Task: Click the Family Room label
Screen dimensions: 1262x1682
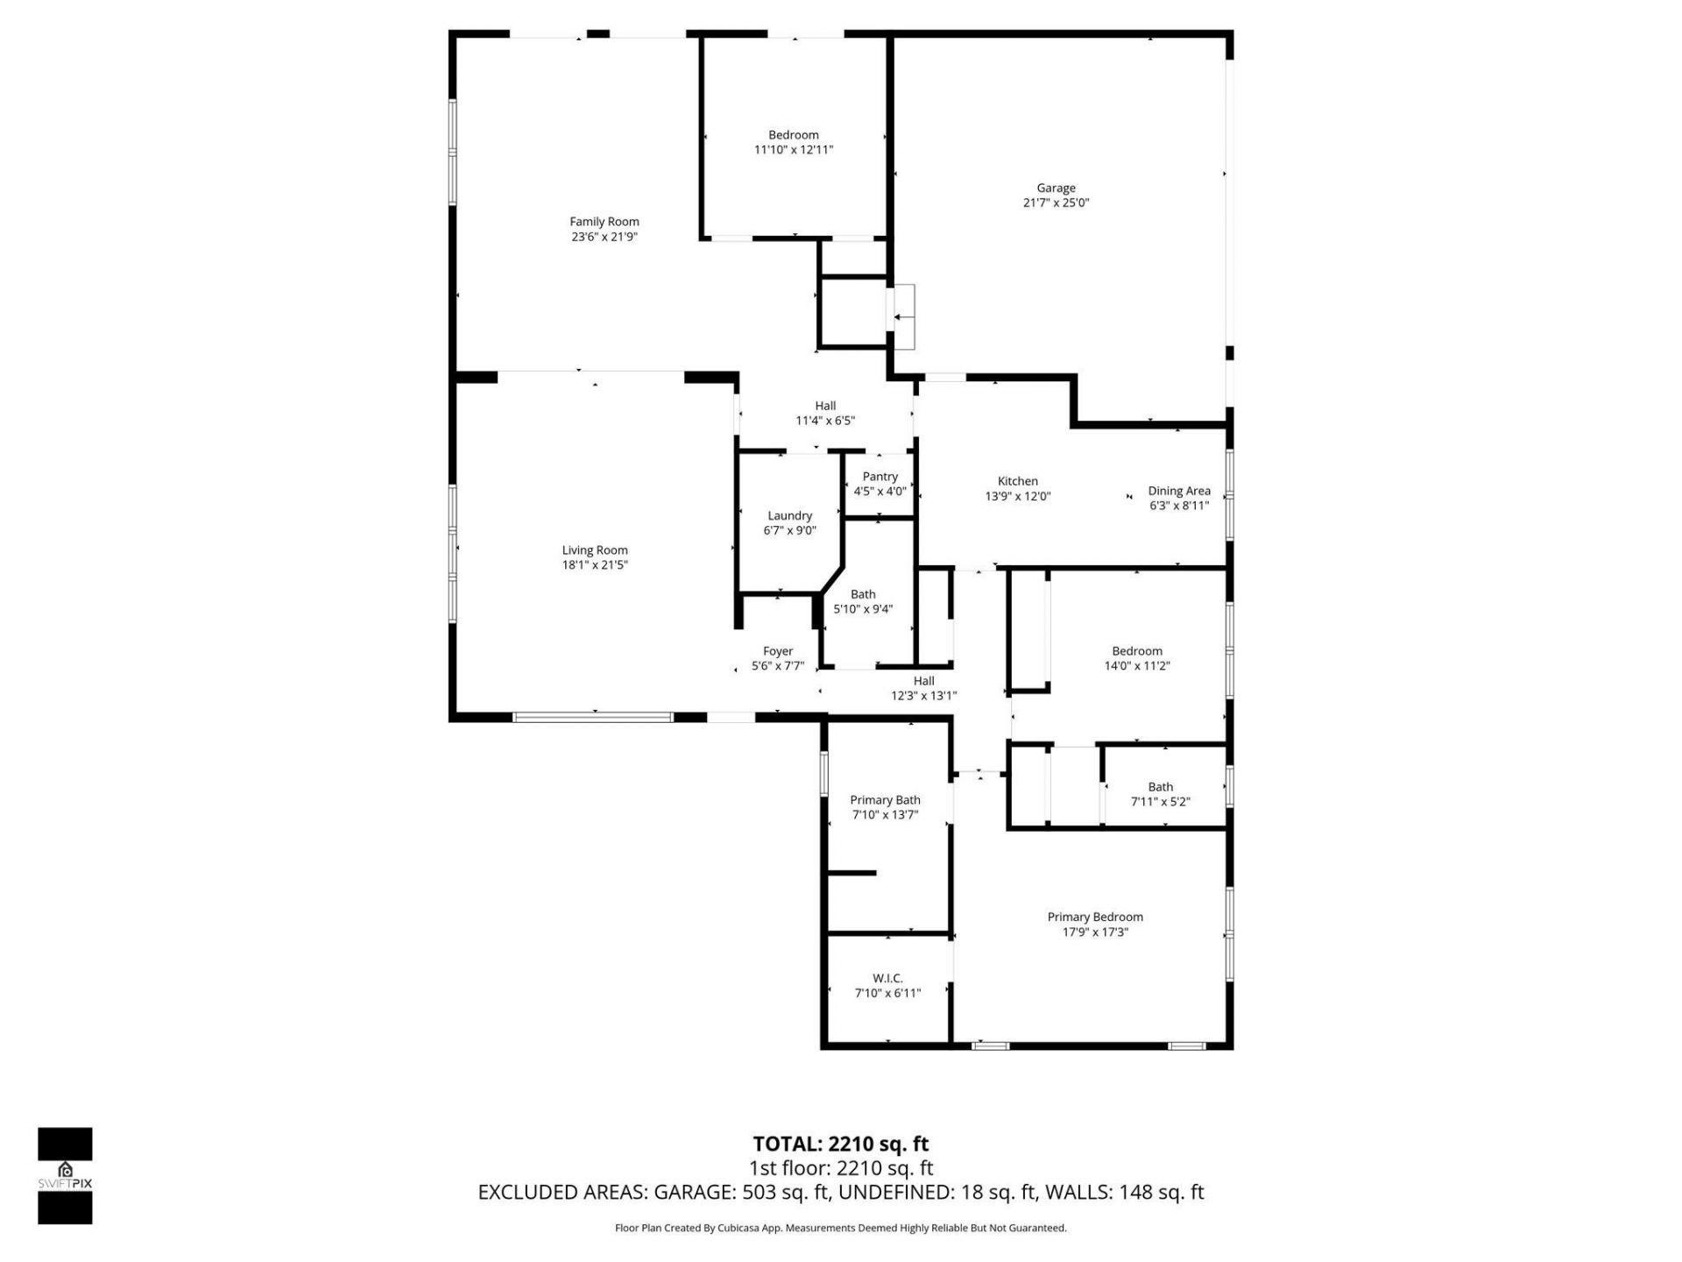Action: tap(604, 222)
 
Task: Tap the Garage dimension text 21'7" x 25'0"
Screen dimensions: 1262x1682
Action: tap(1056, 202)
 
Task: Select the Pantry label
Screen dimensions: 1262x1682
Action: tap(880, 477)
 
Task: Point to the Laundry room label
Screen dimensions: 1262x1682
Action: tap(789, 516)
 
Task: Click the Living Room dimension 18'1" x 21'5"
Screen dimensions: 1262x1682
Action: tap(595, 565)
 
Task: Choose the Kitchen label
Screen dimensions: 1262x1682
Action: tap(1017, 481)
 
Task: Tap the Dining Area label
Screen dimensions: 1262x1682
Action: tap(1178, 491)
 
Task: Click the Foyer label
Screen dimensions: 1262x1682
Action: tap(777, 651)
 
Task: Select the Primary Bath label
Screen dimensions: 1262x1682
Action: tap(885, 800)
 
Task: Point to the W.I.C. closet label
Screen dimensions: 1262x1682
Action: tap(887, 978)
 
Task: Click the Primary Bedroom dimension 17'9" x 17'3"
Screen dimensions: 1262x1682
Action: tap(1095, 932)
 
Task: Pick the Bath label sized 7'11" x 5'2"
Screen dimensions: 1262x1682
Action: tap(1160, 787)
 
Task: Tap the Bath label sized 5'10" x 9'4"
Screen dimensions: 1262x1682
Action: tap(863, 594)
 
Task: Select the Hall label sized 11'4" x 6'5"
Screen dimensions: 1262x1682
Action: tap(825, 406)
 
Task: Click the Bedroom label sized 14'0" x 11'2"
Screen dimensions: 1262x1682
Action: tap(1137, 651)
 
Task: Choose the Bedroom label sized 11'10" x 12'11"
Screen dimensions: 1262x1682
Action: tap(794, 135)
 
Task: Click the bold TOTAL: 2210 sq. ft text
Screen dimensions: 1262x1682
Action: tap(840, 1144)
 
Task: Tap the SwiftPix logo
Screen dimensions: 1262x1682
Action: tap(65, 1175)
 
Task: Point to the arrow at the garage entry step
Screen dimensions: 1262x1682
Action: tap(903, 317)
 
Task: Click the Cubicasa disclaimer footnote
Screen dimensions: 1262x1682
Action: tap(840, 1228)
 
